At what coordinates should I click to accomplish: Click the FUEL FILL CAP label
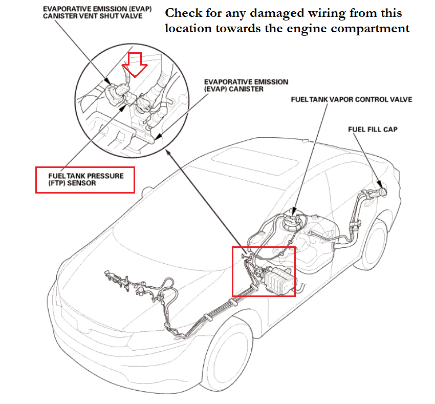(373, 130)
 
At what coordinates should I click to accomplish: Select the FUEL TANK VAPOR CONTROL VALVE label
(351, 99)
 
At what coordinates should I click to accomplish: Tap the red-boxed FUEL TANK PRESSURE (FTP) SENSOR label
(84, 179)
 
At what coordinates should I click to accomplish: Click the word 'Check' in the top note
(181, 13)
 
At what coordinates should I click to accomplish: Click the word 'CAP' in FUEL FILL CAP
(390, 130)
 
